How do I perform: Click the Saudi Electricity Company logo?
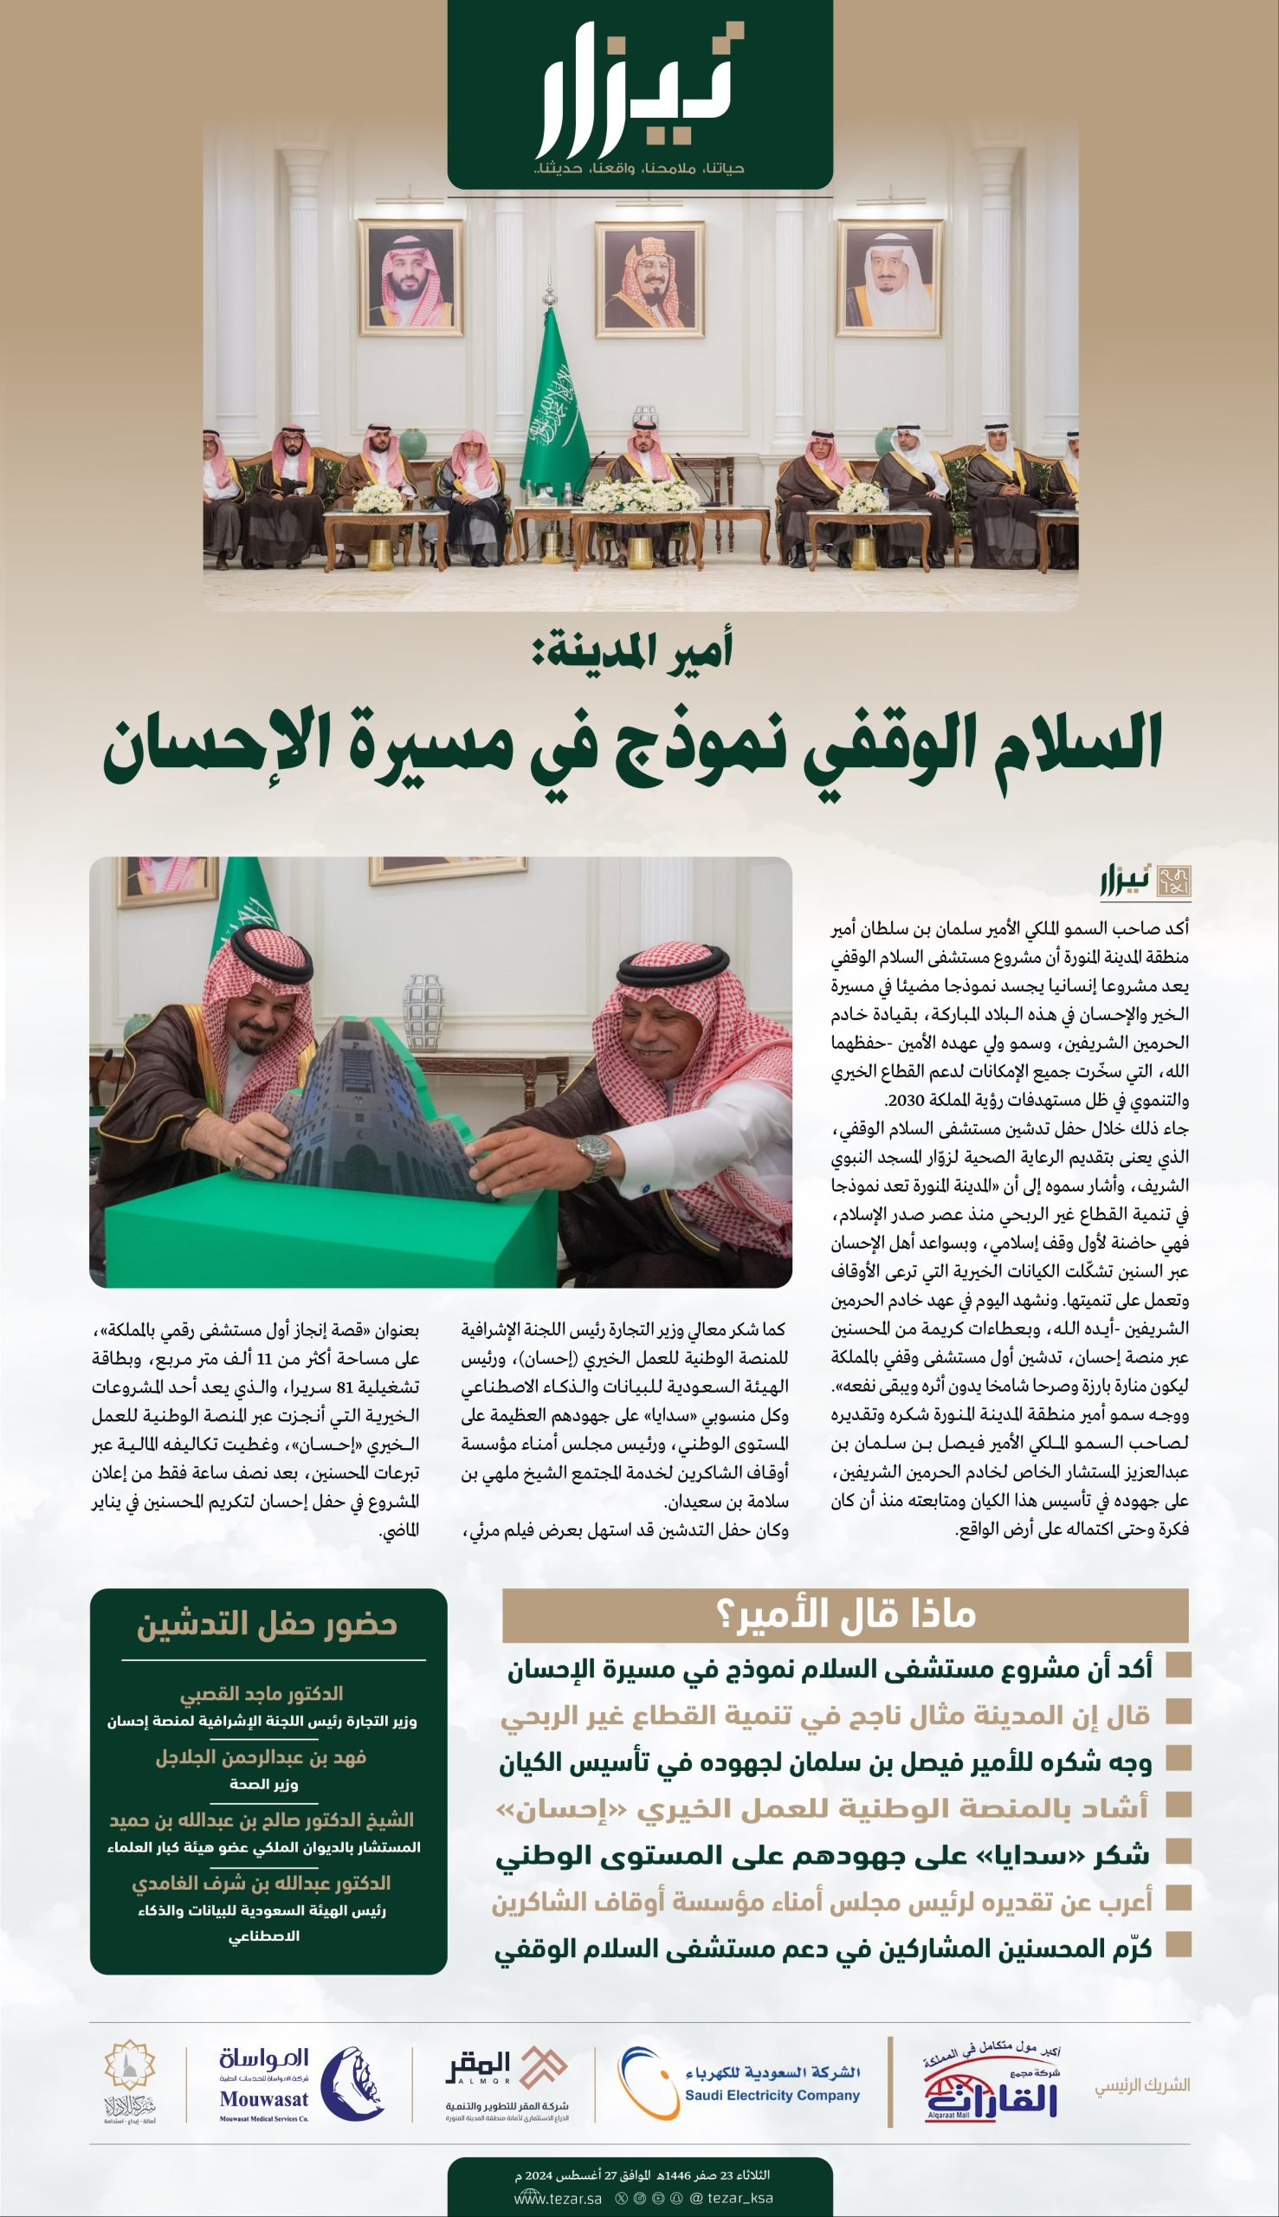(740, 2083)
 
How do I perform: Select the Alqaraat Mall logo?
(992, 2083)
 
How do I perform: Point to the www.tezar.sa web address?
(558, 2198)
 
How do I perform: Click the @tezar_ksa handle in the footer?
(732, 2198)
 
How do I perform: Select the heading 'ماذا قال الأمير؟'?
(845, 1614)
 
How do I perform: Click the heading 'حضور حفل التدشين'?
(267, 1624)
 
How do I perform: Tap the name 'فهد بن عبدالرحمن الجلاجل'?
(261, 1757)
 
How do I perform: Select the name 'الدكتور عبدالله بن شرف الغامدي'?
(261, 1884)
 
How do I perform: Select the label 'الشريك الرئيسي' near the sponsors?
(1142, 2084)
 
